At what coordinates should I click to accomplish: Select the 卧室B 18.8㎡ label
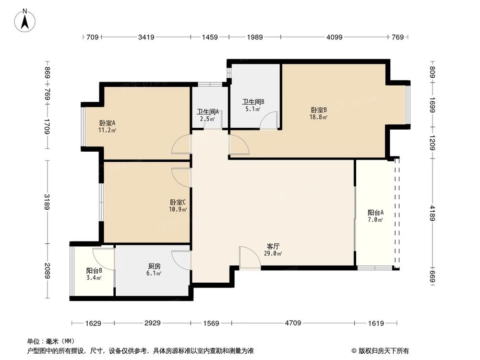[x=319, y=113]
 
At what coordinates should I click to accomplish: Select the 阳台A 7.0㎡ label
[x=375, y=216]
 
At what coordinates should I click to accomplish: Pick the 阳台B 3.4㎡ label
[x=94, y=273]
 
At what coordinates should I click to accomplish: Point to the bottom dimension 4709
[x=293, y=323]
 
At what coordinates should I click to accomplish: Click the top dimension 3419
[x=146, y=37]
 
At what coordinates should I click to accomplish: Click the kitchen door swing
[x=181, y=260]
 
